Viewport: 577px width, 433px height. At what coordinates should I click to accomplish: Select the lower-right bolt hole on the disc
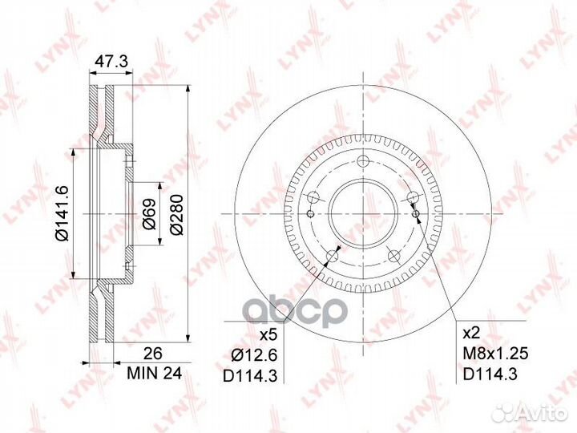pyautogui.click(x=394, y=256)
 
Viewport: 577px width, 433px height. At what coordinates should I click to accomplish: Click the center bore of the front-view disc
pyautogui.click(x=363, y=212)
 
